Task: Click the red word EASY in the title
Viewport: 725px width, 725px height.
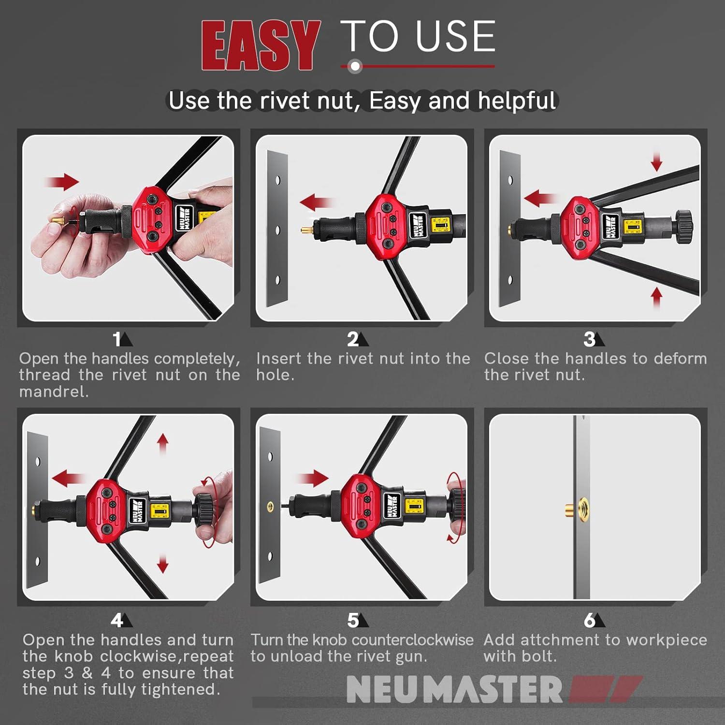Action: [x=261, y=46]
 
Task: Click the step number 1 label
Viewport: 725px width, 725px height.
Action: [x=117, y=339]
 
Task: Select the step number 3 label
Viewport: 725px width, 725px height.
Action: [x=589, y=339]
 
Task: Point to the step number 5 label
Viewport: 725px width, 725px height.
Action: [x=353, y=620]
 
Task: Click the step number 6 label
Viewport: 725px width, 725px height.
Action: [x=589, y=620]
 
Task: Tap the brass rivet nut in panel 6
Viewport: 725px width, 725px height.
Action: [x=577, y=508]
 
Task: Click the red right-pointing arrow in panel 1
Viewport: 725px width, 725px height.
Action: [x=62, y=182]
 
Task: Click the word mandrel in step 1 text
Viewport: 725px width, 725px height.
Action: [x=53, y=391]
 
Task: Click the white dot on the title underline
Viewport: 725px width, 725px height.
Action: [x=355, y=66]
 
